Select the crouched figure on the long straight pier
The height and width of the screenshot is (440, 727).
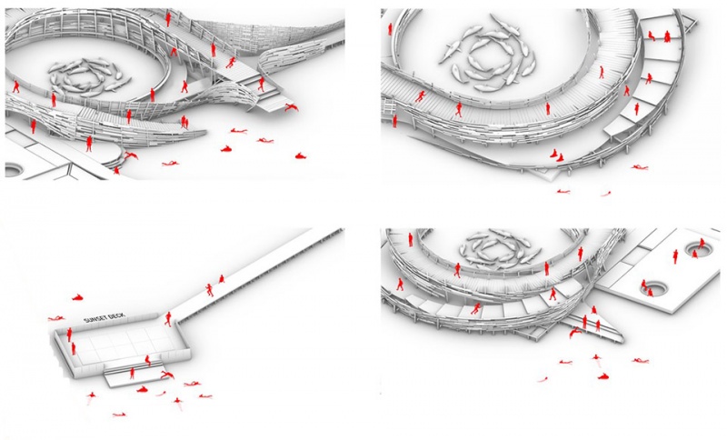coord(221,279)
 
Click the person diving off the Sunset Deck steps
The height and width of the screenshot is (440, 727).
coord(167,375)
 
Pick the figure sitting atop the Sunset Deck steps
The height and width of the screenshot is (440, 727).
coord(148,360)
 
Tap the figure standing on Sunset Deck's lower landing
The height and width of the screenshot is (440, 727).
coord(132,374)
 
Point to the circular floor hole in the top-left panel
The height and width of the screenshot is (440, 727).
coord(13,170)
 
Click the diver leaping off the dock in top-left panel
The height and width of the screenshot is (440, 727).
coord(291,107)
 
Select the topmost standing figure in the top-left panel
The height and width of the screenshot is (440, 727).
coord(168,19)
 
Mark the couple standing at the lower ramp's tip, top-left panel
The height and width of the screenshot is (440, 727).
coord(184,122)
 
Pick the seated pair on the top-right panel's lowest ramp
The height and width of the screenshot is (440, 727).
coord(556,155)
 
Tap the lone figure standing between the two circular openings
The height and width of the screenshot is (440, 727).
coord(675,256)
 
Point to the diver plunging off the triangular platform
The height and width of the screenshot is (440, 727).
coord(575,332)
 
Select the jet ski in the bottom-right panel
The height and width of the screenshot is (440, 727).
coord(603,376)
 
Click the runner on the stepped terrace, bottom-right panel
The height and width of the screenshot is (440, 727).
coord(475,309)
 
